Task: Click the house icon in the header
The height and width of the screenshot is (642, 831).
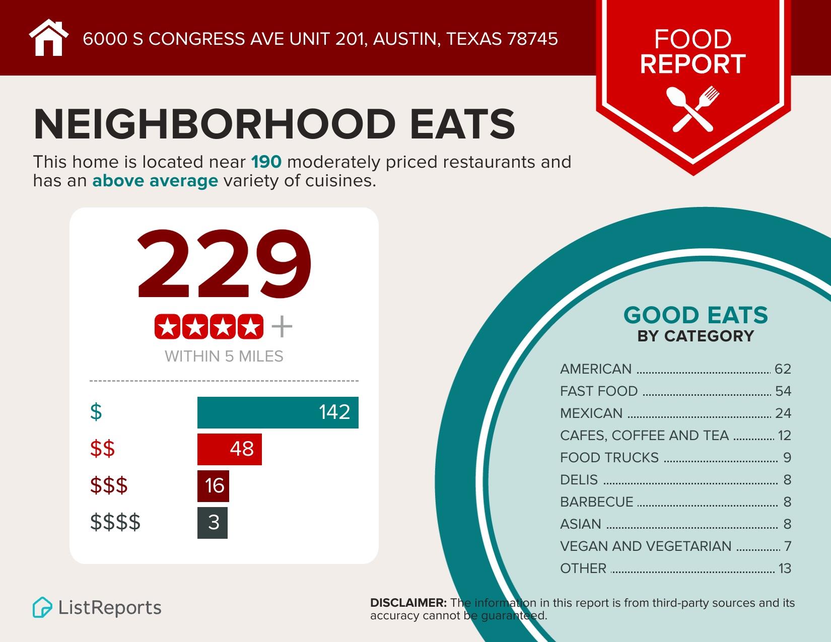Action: click(48, 38)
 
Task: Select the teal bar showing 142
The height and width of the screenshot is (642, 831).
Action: click(278, 412)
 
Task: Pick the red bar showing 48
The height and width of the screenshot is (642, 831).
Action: click(229, 449)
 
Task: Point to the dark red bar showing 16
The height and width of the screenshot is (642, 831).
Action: click(213, 486)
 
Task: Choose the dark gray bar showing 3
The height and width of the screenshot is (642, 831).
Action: click(212, 523)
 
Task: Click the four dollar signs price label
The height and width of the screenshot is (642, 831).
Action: click(115, 522)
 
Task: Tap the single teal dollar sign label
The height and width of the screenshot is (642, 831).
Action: click(96, 412)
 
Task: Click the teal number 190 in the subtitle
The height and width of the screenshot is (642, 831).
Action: click(266, 162)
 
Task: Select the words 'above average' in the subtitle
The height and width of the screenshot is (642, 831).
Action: click(155, 180)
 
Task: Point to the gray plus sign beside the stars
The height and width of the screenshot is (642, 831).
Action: click(282, 327)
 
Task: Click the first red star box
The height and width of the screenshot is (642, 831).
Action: click(168, 327)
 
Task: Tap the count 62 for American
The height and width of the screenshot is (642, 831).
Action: click(783, 369)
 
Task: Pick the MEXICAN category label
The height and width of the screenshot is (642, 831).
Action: click(591, 413)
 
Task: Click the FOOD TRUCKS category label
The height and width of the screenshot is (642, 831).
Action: click(609, 458)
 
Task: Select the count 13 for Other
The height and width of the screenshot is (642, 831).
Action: click(785, 568)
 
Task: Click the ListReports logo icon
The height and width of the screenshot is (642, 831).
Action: click(42, 607)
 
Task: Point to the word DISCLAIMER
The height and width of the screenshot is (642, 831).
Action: click(408, 603)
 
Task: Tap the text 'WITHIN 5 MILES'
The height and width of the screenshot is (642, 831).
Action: click(224, 356)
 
